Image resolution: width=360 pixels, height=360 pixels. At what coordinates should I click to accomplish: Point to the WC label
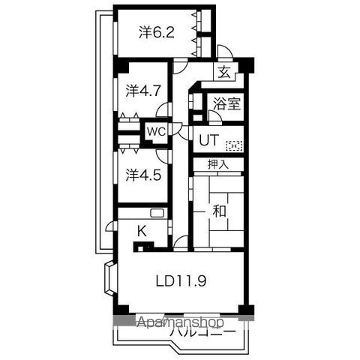coord(155,131)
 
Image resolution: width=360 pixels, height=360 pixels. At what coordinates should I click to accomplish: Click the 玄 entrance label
coord(223,73)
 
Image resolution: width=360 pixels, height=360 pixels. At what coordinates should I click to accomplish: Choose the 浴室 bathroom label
coord(227,104)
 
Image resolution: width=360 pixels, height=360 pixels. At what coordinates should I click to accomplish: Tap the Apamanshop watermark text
coord(180,322)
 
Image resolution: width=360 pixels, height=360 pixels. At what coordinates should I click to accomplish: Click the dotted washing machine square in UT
coord(235,145)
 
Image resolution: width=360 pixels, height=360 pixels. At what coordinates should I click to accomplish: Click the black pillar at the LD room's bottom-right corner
coord(247,309)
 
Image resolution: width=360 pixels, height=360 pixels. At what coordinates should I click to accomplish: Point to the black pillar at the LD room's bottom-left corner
coord(117,309)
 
